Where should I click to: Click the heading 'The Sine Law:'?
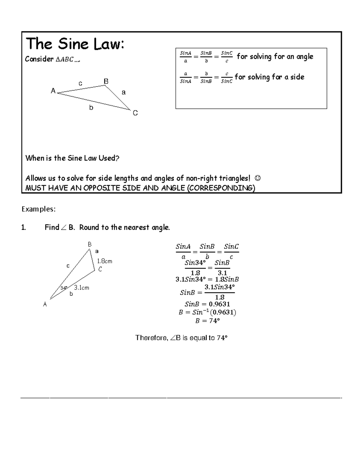point(75,44)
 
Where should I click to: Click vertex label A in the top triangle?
point(53,91)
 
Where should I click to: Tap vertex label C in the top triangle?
point(135,113)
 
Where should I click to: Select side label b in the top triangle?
point(91,108)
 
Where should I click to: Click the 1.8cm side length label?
point(105,261)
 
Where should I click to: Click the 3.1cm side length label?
point(82,288)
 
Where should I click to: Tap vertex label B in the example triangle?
point(90,244)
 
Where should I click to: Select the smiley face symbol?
point(258,178)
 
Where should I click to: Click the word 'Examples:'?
point(38,209)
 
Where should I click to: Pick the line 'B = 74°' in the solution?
point(207,321)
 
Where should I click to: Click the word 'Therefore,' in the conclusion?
point(151,338)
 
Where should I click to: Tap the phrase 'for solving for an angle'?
point(275,57)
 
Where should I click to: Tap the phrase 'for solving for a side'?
point(269,77)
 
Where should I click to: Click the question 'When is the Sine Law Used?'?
point(72,158)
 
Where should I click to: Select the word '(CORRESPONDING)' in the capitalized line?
point(221,188)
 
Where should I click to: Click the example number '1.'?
point(24,228)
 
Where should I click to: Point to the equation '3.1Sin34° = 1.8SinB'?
point(207,280)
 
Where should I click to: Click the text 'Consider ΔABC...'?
point(53,59)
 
